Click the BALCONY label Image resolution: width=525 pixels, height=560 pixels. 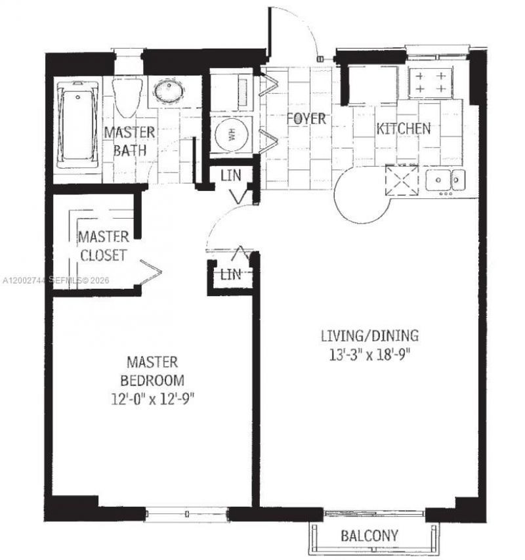tap(369, 536)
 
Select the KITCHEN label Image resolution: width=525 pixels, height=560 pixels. tap(403, 129)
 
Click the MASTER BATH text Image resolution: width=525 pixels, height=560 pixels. tap(129, 140)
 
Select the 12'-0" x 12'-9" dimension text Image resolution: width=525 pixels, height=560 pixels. tap(155, 398)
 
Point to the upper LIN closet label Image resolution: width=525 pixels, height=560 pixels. tap(230, 175)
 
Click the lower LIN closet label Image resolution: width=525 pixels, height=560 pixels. tap(230, 275)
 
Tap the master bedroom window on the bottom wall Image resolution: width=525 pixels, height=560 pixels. tap(187, 513)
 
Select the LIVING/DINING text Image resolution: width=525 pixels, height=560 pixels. tap(369, 337)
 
